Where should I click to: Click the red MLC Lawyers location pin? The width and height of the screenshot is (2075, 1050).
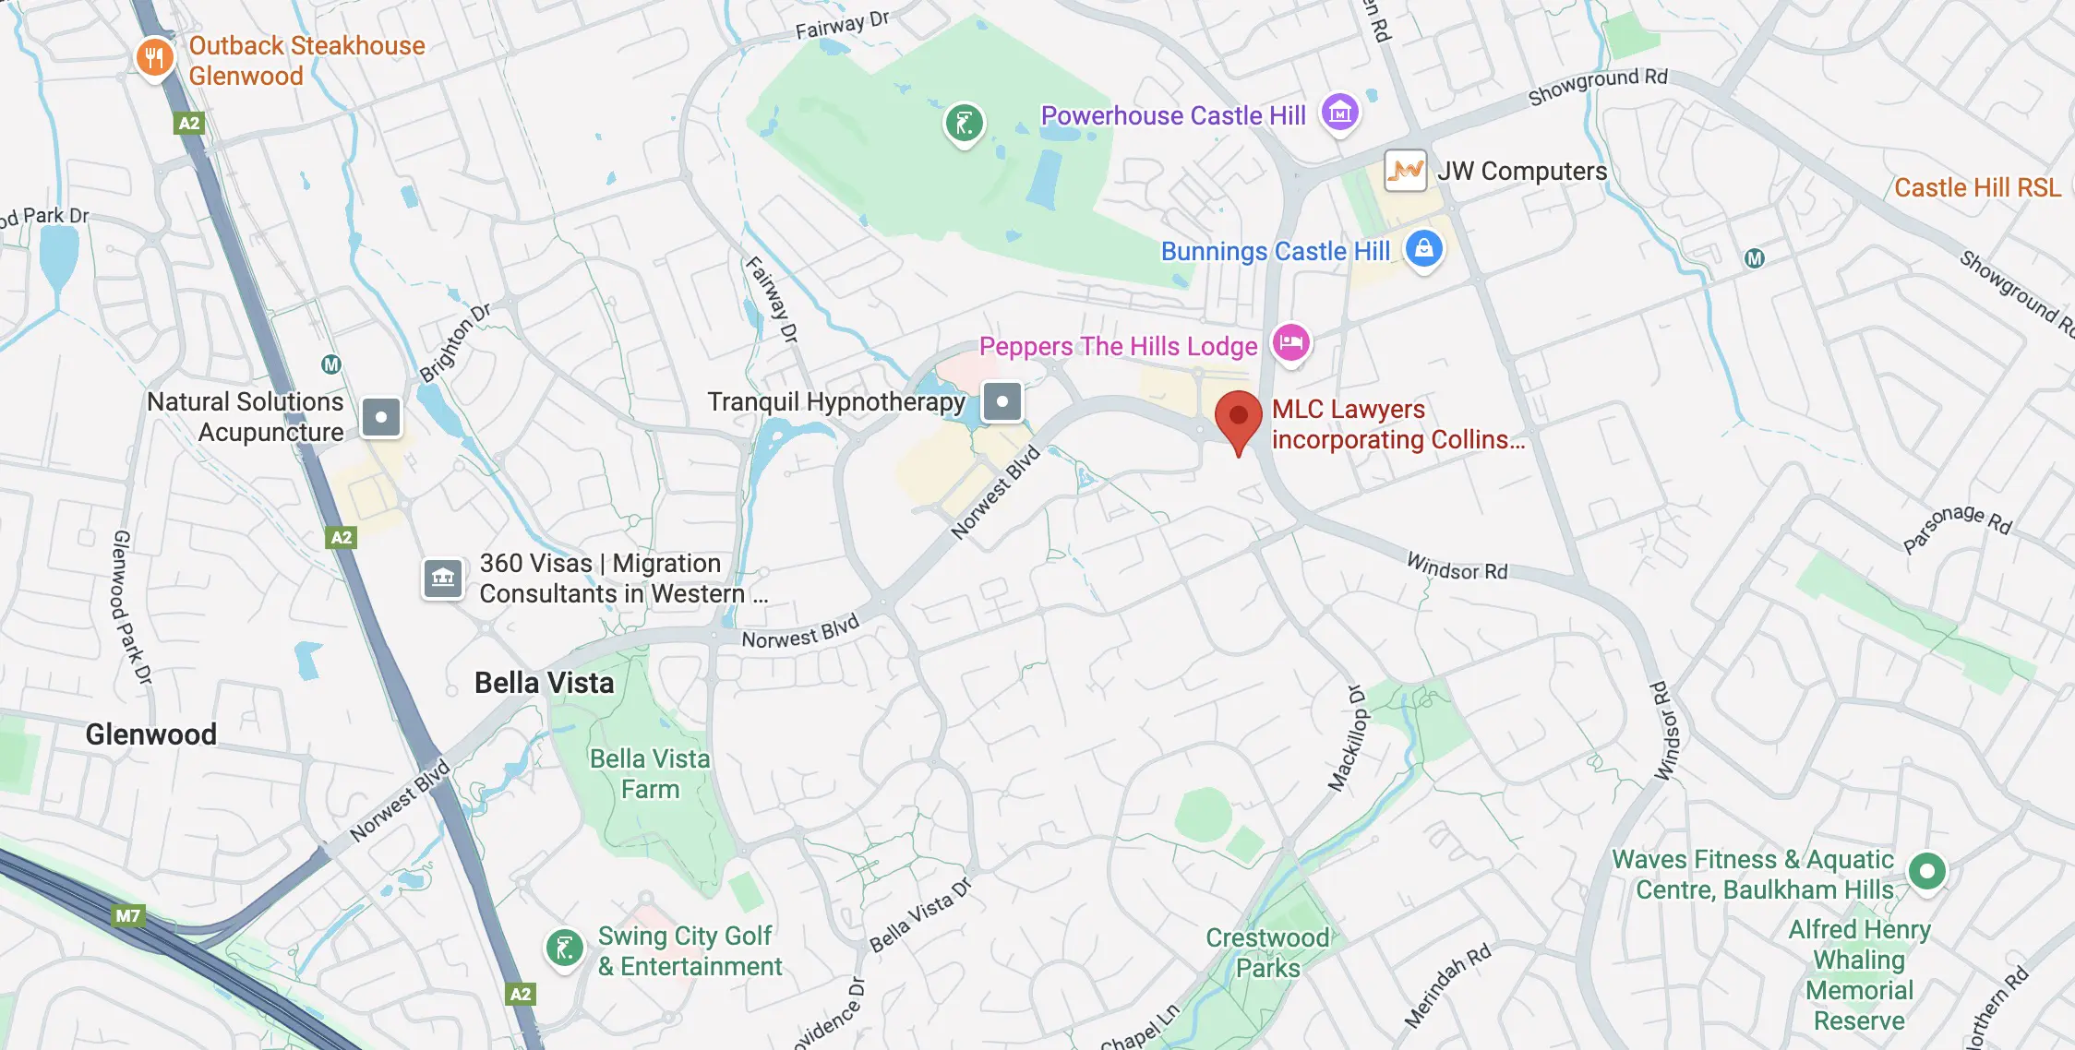coord(1238,417)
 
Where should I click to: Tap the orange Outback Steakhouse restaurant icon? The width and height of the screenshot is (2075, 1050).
coord(154,58)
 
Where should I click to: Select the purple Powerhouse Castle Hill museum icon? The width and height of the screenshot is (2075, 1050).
coord(1339,113)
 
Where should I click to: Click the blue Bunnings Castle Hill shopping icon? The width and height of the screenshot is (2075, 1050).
coord(1423,248)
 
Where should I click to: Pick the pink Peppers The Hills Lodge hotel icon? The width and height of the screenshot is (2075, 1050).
coord(1290,343)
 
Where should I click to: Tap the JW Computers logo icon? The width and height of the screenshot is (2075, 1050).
coord(1405,171)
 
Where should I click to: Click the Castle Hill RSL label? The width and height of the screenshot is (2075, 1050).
coord(1977,187)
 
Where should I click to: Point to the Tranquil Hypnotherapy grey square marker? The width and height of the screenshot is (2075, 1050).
coord(1002,401)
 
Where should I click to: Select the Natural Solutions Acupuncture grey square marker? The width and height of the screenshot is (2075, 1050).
coord(380,417)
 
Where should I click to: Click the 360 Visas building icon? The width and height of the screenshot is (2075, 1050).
coord(443,579)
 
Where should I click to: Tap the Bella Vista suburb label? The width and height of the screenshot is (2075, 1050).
coord(544,683)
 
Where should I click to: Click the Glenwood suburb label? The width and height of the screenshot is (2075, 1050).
coord(151,734)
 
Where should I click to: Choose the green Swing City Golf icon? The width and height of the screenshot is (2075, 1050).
coord(564,948)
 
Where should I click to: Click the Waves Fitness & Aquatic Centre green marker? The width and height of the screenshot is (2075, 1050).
coord(1926,870)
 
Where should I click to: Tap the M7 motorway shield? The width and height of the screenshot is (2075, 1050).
coord(127,915)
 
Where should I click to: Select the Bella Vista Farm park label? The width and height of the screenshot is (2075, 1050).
coord(650,774)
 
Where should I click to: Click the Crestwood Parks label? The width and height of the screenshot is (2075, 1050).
coord(1267,952)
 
